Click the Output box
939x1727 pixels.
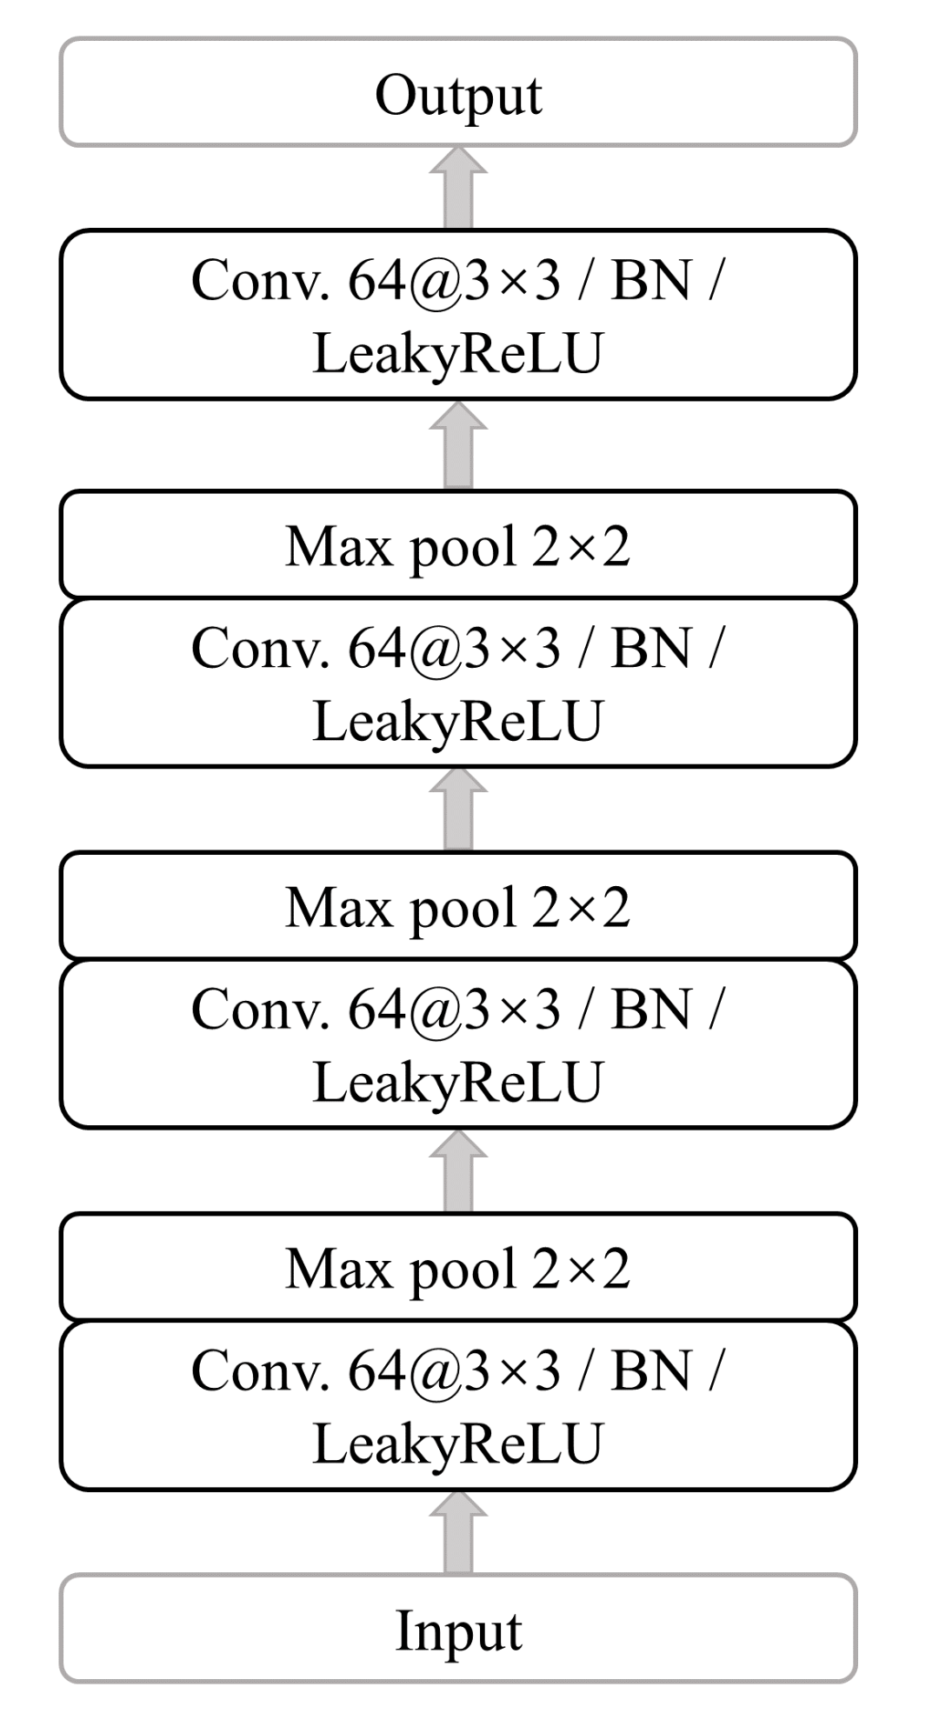pyautogui.click(x=458, y=92)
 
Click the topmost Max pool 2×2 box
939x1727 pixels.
pyautogui.click(x=458, y=545)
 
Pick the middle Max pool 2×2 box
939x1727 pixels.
pyautogui.click(x=458, y=906)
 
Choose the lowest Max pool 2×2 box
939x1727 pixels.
pyautogui.click(x=458, y=1268)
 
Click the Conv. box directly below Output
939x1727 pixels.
pyautogui.click(x=458, y=315)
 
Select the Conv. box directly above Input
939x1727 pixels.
pyautogui.click(x=458, y=1406)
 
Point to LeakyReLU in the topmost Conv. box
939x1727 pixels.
pyautogui.click(x=457, y=353)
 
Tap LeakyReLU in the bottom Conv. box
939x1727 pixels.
pyautogui.click(x=457, y=1444)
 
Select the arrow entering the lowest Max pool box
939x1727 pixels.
pyautogui.click(x=458, y=1172)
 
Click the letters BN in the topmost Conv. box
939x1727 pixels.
pyautogui.click(x=651, y=281)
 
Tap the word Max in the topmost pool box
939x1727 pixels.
pyautogui.click(x=338, y=547)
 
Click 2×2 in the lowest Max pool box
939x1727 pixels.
pyautogui.click(x=581, y=1269)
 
